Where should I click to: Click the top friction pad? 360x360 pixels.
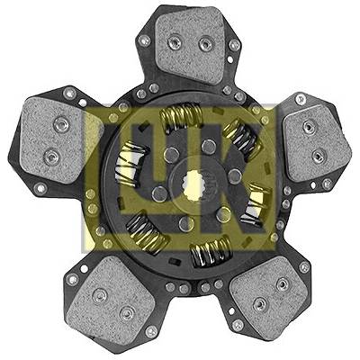pyautogui.click(x=191, y=45)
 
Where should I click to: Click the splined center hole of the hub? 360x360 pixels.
pyautogui.click(x=194, y=183)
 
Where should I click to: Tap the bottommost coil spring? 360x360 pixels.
pyautogui.click(x=211, y=250)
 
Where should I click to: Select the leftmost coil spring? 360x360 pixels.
pyautogui.click(x=131, y=165)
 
